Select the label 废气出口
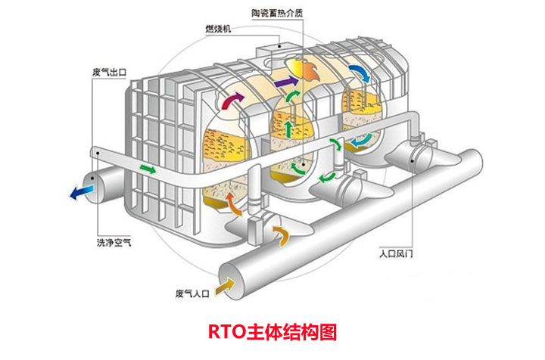[x=108, y=73]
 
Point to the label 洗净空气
[x=114, y=242]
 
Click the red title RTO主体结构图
[x=272, y=331]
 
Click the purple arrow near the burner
[x=285, y=79]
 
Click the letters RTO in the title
[x=224, y=331]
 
